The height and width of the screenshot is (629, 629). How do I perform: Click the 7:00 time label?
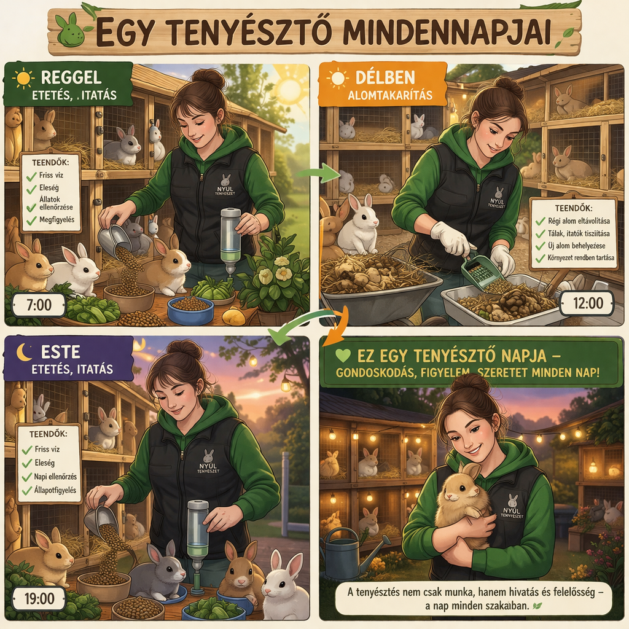(x=39, y=305)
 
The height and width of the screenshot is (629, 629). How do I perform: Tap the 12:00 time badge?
(x=587, y=303)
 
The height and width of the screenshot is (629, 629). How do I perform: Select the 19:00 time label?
(x=39, y=598)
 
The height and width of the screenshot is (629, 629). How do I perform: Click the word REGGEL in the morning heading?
(x=71, y=77)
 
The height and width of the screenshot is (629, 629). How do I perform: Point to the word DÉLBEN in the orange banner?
(x=385, y=77)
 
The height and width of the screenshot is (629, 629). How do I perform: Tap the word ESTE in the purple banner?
(x=61, y=352)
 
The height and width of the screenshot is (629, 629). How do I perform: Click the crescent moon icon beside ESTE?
(x=24, y=352)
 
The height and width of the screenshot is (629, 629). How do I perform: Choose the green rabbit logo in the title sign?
(x=71, y=29)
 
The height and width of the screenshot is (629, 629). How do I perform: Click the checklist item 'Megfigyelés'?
(x=57, y=220)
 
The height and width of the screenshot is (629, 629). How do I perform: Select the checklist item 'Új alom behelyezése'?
(x=576, y=246)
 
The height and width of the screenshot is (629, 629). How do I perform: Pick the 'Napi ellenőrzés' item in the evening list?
(x=55, y=477)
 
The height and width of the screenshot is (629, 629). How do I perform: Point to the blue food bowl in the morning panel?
(x=190, y=310)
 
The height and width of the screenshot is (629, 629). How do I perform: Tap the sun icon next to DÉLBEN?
(x=337, y=78)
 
